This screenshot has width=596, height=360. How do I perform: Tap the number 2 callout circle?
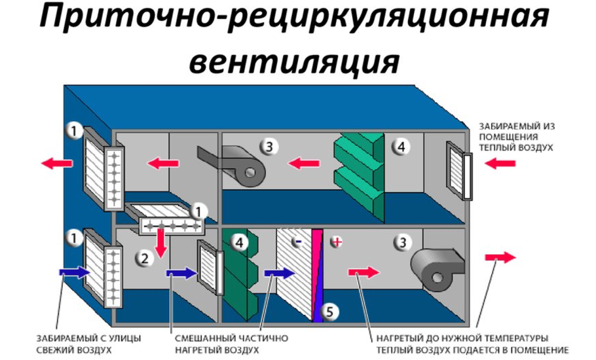tap(143, 258)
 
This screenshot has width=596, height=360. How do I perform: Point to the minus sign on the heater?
tap(297, 242)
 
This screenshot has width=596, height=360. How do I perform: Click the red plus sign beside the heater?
tap(337, 242)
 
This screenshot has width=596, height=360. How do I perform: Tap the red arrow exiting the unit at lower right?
tap(500, 258)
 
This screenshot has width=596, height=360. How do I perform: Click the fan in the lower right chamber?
tap(437, 269)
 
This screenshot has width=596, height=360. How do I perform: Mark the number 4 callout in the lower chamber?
tap(240, 243)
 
